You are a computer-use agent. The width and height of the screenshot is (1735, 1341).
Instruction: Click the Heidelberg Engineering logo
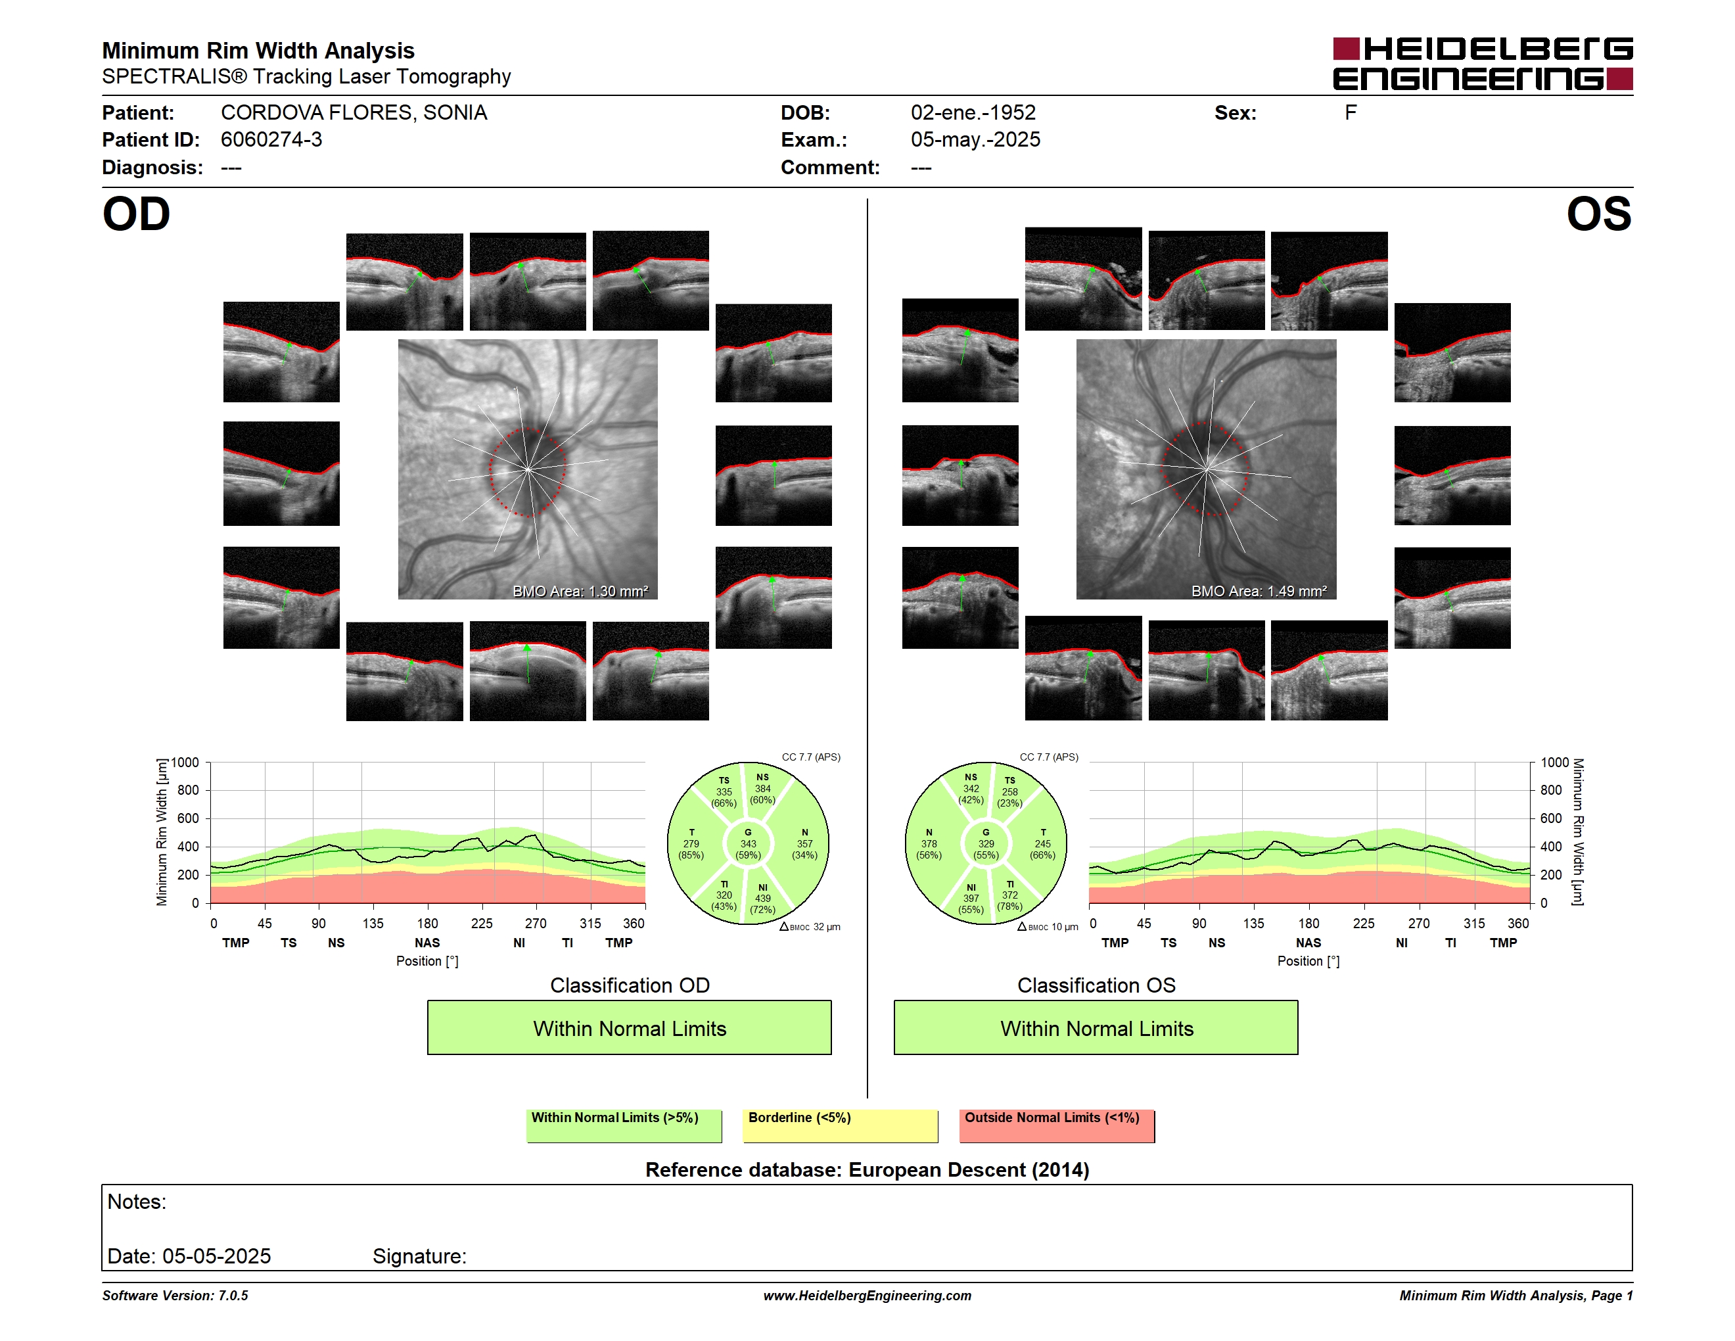tap(1483, 64)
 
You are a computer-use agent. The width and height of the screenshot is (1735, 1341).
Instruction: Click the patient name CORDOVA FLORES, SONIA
tap(354, 113)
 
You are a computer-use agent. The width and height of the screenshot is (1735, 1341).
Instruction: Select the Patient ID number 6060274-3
tap(271, 140)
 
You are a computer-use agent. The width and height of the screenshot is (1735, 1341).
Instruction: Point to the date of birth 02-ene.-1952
tap(973, 113)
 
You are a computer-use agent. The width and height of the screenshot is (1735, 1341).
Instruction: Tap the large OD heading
tap(137, 214)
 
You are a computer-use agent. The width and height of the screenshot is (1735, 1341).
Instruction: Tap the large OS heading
tap(1598, 214)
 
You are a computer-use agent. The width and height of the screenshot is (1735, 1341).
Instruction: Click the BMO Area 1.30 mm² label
tap(580, 591)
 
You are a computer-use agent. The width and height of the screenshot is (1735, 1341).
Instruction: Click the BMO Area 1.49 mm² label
tap(1259, 591)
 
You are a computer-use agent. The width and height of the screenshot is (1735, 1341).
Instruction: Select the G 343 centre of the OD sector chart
tap(747, 843)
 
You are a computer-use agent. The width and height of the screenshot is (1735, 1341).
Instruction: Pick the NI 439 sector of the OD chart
tap(762, 899)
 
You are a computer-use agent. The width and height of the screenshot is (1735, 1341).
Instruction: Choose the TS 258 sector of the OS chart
tap(1009, 792)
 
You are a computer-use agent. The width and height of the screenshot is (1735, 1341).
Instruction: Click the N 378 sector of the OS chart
tap(929, 843)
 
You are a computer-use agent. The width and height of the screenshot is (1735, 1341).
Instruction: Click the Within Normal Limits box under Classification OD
tap(629, 1028)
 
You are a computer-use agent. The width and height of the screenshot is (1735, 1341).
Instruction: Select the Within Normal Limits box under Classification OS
tap(1096, 1028)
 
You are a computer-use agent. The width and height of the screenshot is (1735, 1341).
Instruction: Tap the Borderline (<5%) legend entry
tap(841, 1125)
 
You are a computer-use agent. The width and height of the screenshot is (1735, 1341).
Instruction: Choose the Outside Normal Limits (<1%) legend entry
tap(1057, 1125)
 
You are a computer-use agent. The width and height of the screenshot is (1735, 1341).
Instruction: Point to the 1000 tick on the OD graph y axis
tap(185, 763)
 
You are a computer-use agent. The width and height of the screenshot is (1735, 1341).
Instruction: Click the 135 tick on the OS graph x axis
tap(1253, 923)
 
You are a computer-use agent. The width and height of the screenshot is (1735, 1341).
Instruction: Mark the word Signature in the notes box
tap(419, 1256)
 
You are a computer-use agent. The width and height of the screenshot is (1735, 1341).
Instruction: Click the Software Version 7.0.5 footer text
tap(175, 1296)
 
